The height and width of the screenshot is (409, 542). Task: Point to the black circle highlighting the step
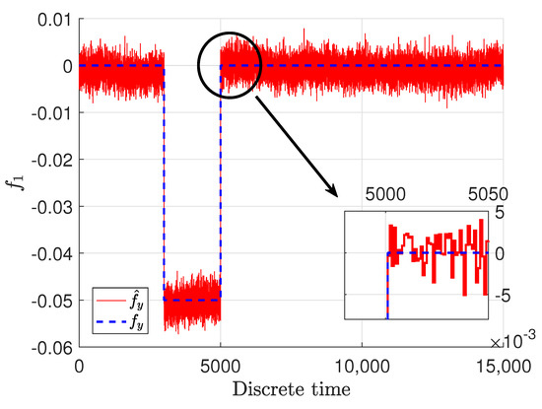click(229, 66)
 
